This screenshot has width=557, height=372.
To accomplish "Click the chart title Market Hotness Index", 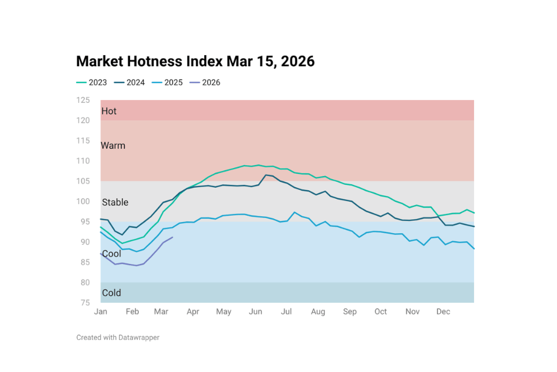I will coord(195,62).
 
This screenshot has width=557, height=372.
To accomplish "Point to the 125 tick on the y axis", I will coord(83,100).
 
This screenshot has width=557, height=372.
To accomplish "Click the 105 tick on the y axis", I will coord(83,181).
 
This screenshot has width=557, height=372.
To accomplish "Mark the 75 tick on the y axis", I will coord(83,303).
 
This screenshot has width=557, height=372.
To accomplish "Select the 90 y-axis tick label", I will coord(85,242).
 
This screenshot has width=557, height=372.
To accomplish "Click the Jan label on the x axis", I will coord(100,312).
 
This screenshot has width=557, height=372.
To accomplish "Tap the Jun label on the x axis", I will coord(255,312).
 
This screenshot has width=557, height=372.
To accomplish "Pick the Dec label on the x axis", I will coord(443,312).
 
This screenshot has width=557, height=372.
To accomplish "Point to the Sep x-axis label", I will coord(350,312).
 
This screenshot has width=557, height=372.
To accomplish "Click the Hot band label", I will coord(109,111).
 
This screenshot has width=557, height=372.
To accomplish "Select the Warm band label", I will coord(113,145).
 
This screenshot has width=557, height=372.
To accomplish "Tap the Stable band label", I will coord(115,202).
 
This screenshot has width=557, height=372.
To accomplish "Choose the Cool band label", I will coord(111,254).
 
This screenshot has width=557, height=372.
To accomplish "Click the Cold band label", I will coord(111,293).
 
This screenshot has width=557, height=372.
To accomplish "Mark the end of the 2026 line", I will coord(173,237).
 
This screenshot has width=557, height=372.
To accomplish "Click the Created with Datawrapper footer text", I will coord(118,338).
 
